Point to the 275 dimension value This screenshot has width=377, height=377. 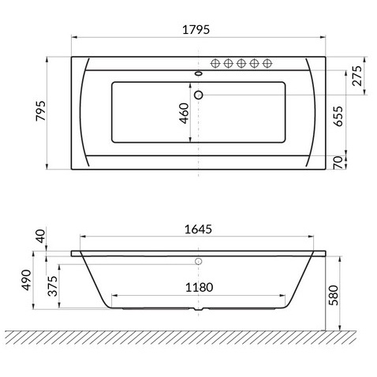pos(356,77)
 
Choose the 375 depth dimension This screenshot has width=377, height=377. pos(54,289)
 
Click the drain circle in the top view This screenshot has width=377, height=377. pos(198,95)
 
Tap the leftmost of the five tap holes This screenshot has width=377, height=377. pos(217,63)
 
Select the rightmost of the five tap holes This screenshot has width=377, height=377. pos(267,63)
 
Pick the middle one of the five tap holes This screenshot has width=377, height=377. pos(242,63)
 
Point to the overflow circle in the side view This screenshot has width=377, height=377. pos(199,261)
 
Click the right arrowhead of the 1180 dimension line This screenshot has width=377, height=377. pos(285,297)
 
